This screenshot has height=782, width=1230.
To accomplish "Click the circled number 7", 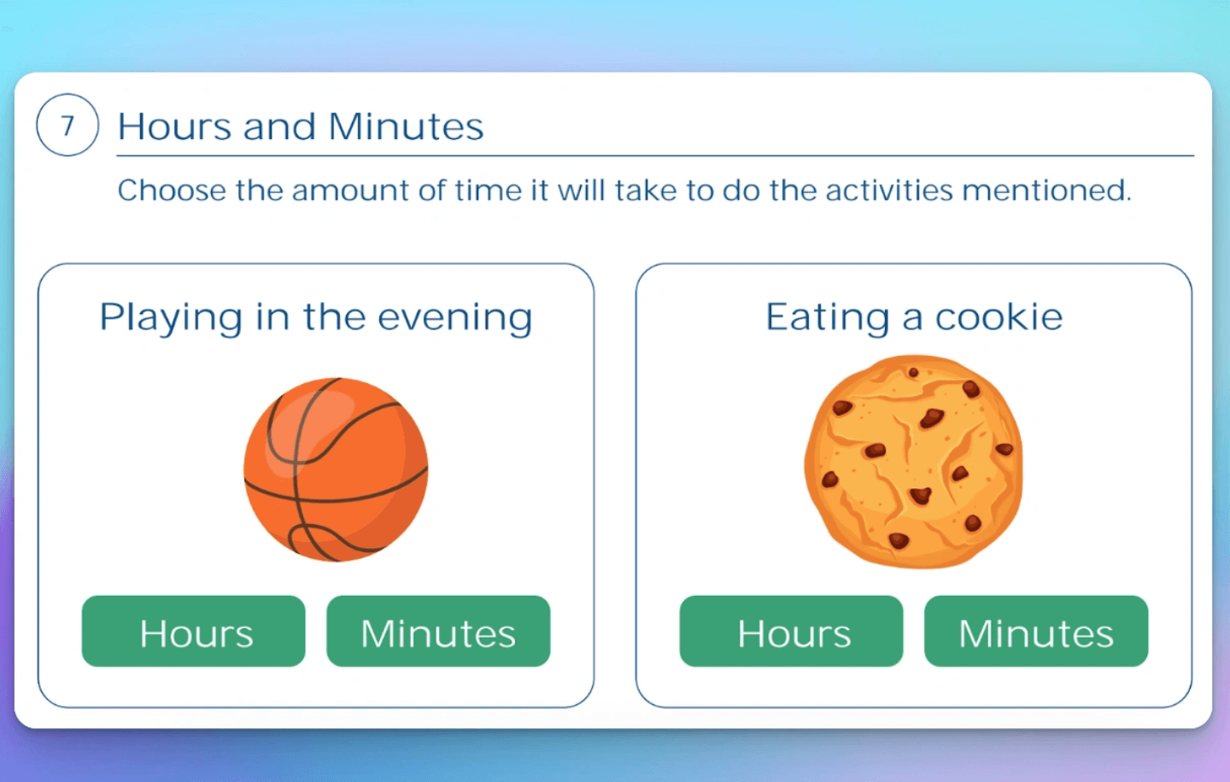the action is (x=67, y=125).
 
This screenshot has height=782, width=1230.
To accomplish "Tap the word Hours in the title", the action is (x=174, y=126).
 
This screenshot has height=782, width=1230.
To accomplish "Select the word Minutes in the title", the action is (x=406, y=126).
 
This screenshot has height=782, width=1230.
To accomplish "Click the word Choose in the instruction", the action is (x=172, y=190).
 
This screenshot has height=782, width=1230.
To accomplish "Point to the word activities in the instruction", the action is (x=888, y=190).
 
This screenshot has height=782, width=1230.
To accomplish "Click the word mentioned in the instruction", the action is (x=1046, y=190).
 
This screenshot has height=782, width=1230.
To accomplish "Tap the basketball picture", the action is (x=336, y=470).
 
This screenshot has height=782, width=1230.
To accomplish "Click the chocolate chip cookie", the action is (x=914, y=462).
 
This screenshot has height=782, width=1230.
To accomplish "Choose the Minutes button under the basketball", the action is (x=438, y=631).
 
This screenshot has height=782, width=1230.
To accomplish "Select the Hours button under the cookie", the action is (x=791, y=631).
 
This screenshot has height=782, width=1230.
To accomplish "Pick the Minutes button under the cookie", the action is (x=1036, y=631).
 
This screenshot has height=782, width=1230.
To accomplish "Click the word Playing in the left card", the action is (x=171, y=318).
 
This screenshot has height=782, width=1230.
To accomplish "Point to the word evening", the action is (x=455, y=319).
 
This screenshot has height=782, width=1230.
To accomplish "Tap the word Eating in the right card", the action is (x=828, y=318).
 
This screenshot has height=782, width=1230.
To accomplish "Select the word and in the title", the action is (x=279, y=126).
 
